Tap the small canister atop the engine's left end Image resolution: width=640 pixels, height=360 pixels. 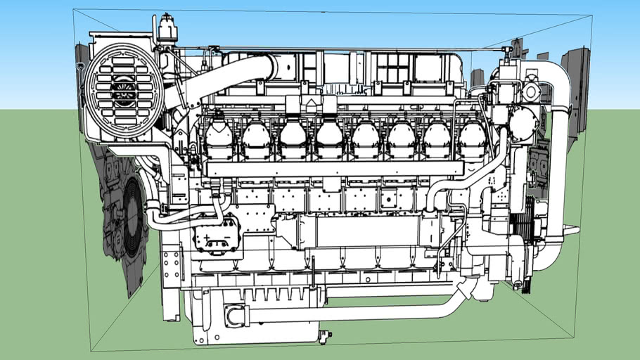[167, 29]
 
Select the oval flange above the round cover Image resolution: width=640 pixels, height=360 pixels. [530, 90]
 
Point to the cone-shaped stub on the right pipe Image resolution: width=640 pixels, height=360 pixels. [464, 288]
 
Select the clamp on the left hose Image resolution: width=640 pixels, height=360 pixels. [152, 208]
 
